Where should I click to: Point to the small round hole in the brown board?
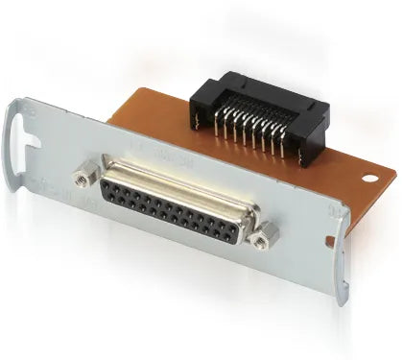[x=369, y=180]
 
